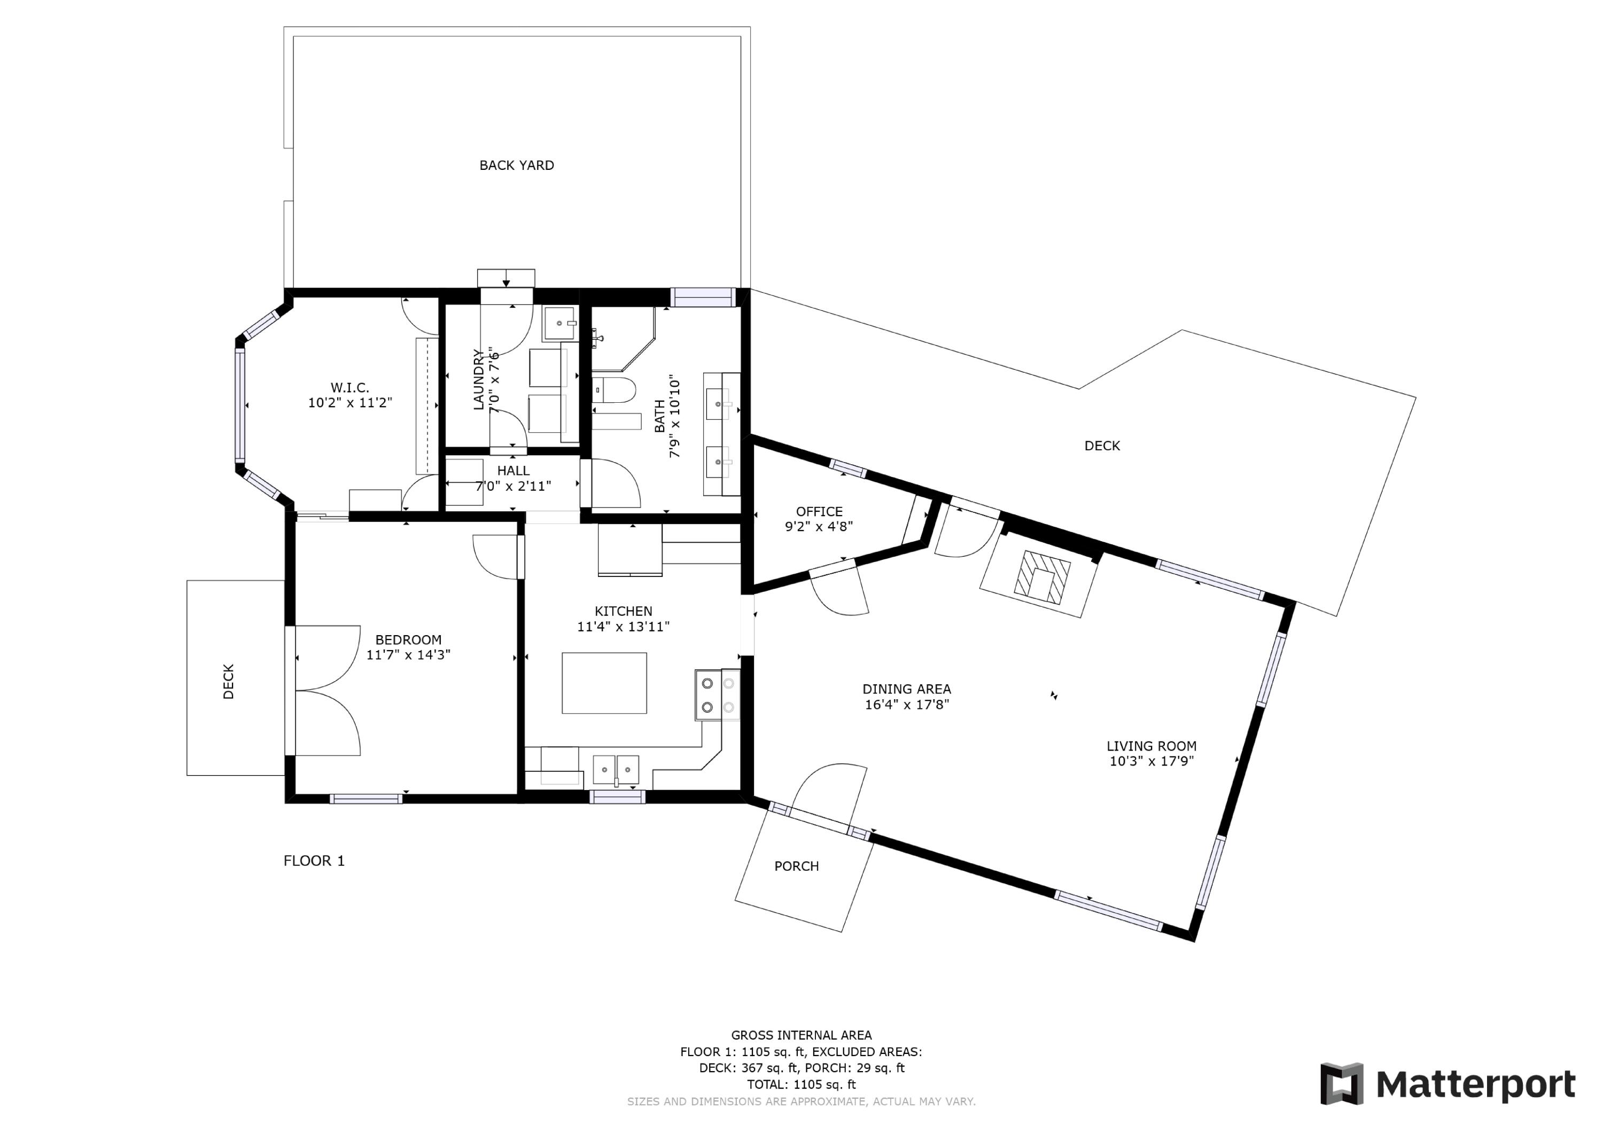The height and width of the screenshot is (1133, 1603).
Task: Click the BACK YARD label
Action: (516, 166)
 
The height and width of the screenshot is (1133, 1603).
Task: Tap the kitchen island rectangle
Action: (604, 683)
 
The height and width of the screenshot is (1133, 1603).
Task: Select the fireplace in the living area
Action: (1041, 576)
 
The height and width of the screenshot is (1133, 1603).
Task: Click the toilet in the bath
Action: (614, 389)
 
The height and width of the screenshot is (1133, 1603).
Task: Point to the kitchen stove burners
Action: (717, 696)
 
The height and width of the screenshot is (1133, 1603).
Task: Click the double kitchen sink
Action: (616, 769)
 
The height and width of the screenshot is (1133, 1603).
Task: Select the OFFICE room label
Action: (819, 512)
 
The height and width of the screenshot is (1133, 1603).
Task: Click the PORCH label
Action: (796, 866)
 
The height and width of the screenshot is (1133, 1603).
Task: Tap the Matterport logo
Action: (1448, 1084)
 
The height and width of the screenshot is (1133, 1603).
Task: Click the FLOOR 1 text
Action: (314, 861)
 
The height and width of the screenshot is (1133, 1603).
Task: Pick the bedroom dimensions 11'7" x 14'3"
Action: (408, 655)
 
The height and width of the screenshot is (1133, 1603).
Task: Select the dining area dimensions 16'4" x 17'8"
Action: (906, 705)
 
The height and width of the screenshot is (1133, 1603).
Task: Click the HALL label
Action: (513, 471)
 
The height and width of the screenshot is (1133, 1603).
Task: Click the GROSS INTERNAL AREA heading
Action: (801, 1035)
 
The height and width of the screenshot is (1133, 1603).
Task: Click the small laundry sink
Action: (559, 323)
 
